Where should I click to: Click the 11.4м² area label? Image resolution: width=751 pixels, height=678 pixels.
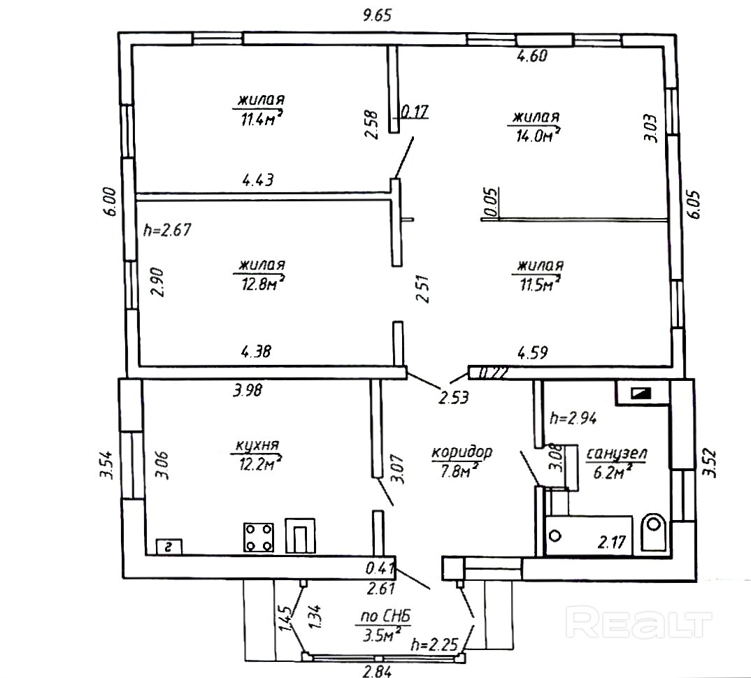pyautogui.click(x=261, y=119)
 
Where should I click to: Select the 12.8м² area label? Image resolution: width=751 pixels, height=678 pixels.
pyautogui.click(x=262, y=284)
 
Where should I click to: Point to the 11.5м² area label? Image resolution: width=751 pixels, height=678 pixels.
pyautogui.click(x=539, y=284)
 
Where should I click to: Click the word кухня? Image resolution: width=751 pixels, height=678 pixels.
pyautogui.click(x=257, y=445)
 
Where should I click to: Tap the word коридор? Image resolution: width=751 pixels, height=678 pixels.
pyautogui.click(x=462, y=452)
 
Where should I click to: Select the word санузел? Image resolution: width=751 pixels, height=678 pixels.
pyautogui.click(x=617, y=454)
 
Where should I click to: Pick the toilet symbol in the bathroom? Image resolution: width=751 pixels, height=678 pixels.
pyautogui.click(x=652, y=529)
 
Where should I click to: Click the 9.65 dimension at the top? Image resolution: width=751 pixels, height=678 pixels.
pyautogui.click(x=378, y=16)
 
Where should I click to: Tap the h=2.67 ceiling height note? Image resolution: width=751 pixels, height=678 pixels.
pyautogui.click(x=167, y=230)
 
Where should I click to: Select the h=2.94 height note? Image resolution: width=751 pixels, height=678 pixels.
pyautogui.click(x=573, y=419)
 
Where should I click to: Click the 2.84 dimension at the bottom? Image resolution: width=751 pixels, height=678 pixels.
pyautogui.click(x=377, y=671)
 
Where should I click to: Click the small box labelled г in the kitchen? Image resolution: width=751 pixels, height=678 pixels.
pyautogui.click(x=169, y=546)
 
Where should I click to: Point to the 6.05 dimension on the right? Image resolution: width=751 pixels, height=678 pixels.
pyautogui.click(x=695, y=205)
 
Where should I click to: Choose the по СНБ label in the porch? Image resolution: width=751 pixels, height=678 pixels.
pyautogui.click(x=386, y=616)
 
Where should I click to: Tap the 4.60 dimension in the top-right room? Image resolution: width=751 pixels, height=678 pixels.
pyautogui.click(x=531, y=56)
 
